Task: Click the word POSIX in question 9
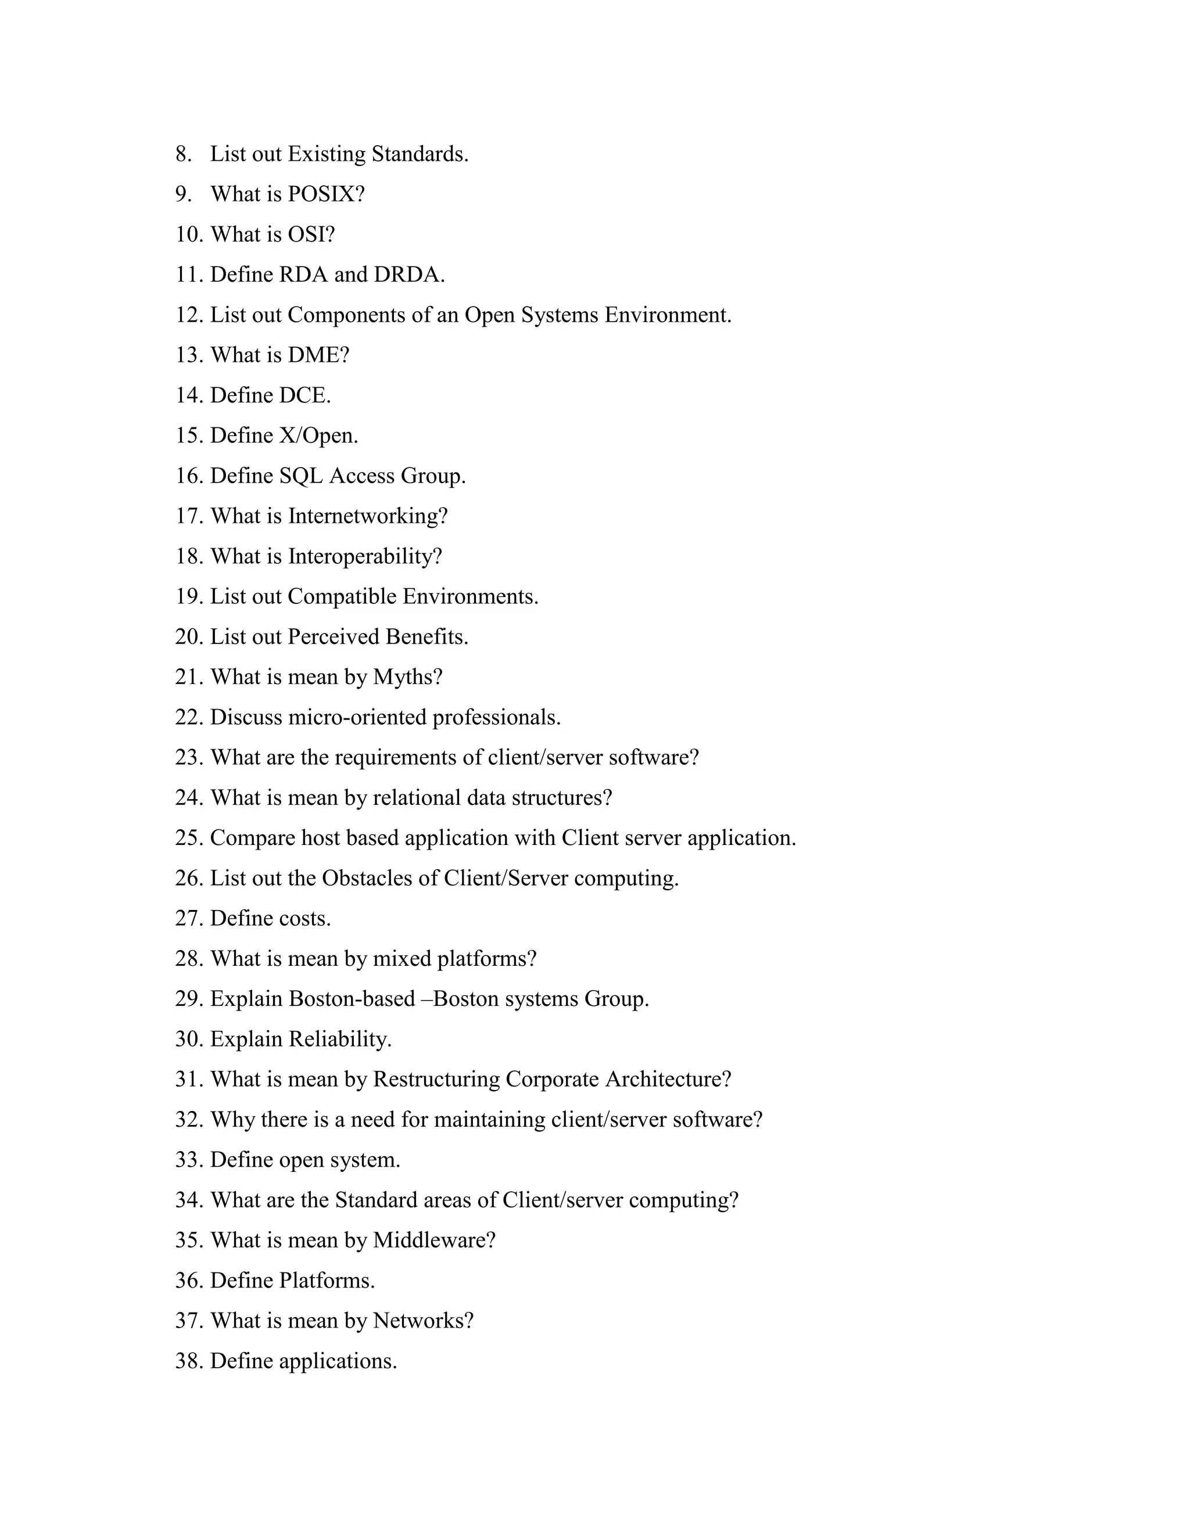321,195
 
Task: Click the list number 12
189,315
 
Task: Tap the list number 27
189,918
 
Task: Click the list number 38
189,1361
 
